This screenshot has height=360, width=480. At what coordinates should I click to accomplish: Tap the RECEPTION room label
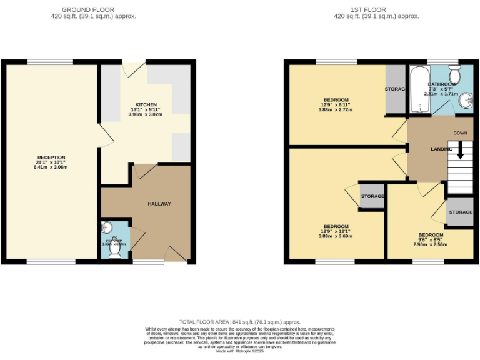(51, 157)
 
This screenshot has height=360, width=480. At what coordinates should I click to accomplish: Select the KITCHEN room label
(146, 104)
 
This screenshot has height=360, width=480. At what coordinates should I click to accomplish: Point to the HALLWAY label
(159, 204)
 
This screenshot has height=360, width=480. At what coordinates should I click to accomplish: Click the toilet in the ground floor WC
(115, 249)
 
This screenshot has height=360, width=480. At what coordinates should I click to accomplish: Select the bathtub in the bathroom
(417, 91)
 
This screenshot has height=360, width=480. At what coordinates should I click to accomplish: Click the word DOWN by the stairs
(460, 133)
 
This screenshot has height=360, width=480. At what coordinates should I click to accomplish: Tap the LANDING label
(442, 149)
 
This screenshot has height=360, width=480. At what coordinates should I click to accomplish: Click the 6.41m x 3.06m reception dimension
(51, 167)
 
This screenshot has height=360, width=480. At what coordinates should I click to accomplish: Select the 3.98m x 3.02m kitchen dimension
(146, 115)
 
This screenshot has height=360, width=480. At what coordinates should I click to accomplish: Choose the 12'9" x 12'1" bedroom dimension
(336, 231)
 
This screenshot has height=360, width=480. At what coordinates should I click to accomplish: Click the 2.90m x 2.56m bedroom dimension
(431, 245)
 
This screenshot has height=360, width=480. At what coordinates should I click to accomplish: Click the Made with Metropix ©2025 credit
(240, 351)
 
